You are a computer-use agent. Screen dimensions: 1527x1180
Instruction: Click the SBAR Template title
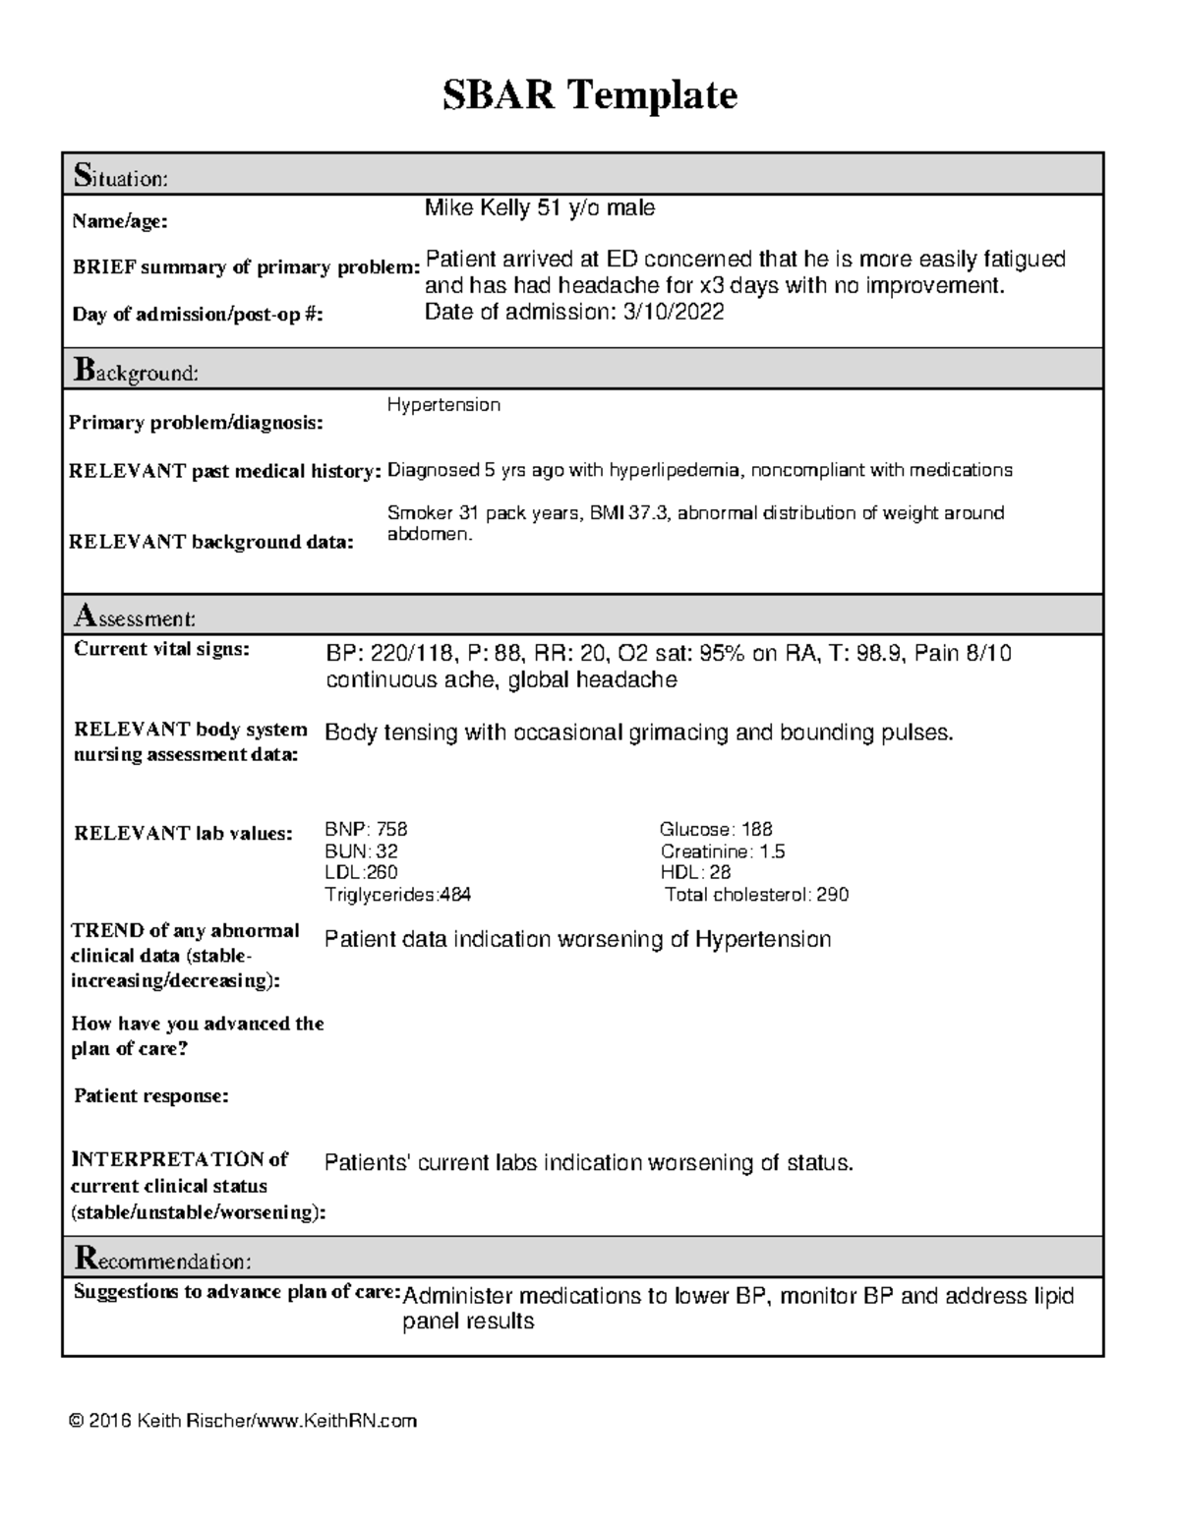[589, 95]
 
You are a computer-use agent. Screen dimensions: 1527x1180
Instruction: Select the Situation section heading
[121, 177]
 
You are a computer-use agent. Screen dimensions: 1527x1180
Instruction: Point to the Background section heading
[136, 372]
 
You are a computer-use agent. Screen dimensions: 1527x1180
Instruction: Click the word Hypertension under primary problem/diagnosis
[443, 405]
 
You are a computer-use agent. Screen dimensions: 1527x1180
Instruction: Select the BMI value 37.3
[643, 513]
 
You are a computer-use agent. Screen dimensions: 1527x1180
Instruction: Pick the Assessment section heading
[135, 617]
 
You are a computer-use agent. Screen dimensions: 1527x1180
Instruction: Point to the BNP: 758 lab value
[366, 830]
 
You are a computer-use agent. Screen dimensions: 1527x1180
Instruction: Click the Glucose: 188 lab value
[716, 830]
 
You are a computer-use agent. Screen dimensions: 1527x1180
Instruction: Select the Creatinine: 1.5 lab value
[723, 852]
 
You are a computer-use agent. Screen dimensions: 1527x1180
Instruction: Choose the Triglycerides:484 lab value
[397, 895]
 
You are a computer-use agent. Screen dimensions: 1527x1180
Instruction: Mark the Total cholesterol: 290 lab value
[756, 895]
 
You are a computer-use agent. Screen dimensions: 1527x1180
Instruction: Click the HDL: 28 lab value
[695, 873]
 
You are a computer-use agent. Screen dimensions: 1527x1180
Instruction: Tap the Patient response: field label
[151, 1096]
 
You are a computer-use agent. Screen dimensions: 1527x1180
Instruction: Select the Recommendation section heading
[162, 1260]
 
